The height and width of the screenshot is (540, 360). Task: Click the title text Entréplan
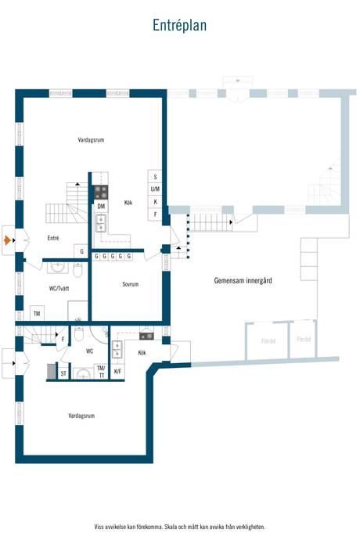179,26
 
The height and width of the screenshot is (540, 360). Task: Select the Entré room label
53,238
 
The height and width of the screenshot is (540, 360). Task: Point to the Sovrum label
130,284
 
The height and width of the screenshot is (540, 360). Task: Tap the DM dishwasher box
101,206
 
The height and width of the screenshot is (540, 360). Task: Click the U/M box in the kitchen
155,189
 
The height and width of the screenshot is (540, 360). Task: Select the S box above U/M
155,177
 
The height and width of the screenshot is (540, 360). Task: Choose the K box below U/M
155,202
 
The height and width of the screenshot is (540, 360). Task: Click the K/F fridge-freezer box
117,371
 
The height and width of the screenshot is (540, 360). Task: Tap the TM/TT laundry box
100,370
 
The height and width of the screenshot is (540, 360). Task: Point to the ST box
63,374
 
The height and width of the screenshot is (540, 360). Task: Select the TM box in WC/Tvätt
37,313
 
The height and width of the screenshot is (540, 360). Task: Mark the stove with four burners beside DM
101,191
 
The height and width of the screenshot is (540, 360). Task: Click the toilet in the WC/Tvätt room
77,270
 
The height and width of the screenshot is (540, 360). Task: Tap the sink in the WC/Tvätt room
56,268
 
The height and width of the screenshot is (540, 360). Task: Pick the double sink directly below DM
101,224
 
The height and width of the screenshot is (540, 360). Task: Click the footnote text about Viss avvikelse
179,527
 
